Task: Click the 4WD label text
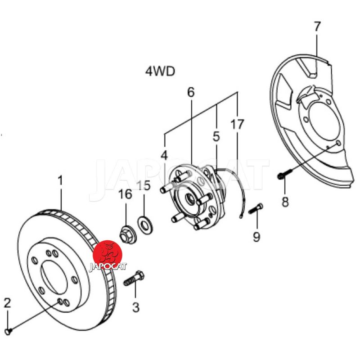coord(160,71)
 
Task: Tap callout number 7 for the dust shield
coord(317,27)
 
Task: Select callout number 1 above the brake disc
coord(60,180)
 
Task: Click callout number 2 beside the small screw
coord(7,303)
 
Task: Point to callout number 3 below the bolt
coord(136,307)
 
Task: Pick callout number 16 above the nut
coord(126,194)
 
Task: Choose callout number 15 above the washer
coord(144,185)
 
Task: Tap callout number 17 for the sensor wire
coord(237,124)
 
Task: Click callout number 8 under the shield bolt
coord(285,202)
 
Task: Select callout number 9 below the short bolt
coord(256,237)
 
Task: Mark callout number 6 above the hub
coord(191,92)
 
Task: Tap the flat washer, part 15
coord(145,225)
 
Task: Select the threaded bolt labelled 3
coord(134,278)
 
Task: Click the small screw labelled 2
coord(8,331)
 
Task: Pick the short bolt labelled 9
coord(256,208)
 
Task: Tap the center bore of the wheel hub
coord(189,199)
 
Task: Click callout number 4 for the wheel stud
coord(164,155)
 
